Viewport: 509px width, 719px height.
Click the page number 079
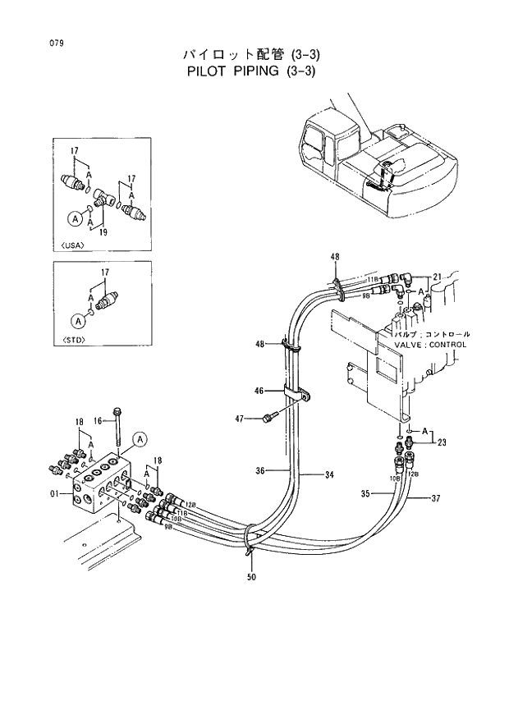57,42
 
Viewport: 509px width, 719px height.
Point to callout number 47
240,419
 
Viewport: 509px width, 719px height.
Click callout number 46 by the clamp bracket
259,391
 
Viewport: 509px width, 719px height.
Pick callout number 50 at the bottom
251,577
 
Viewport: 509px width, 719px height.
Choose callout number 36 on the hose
259,471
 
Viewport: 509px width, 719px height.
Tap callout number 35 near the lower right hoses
365,493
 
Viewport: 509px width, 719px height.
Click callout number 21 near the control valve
437,276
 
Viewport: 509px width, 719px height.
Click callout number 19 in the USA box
104,232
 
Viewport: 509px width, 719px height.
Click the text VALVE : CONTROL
429,345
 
